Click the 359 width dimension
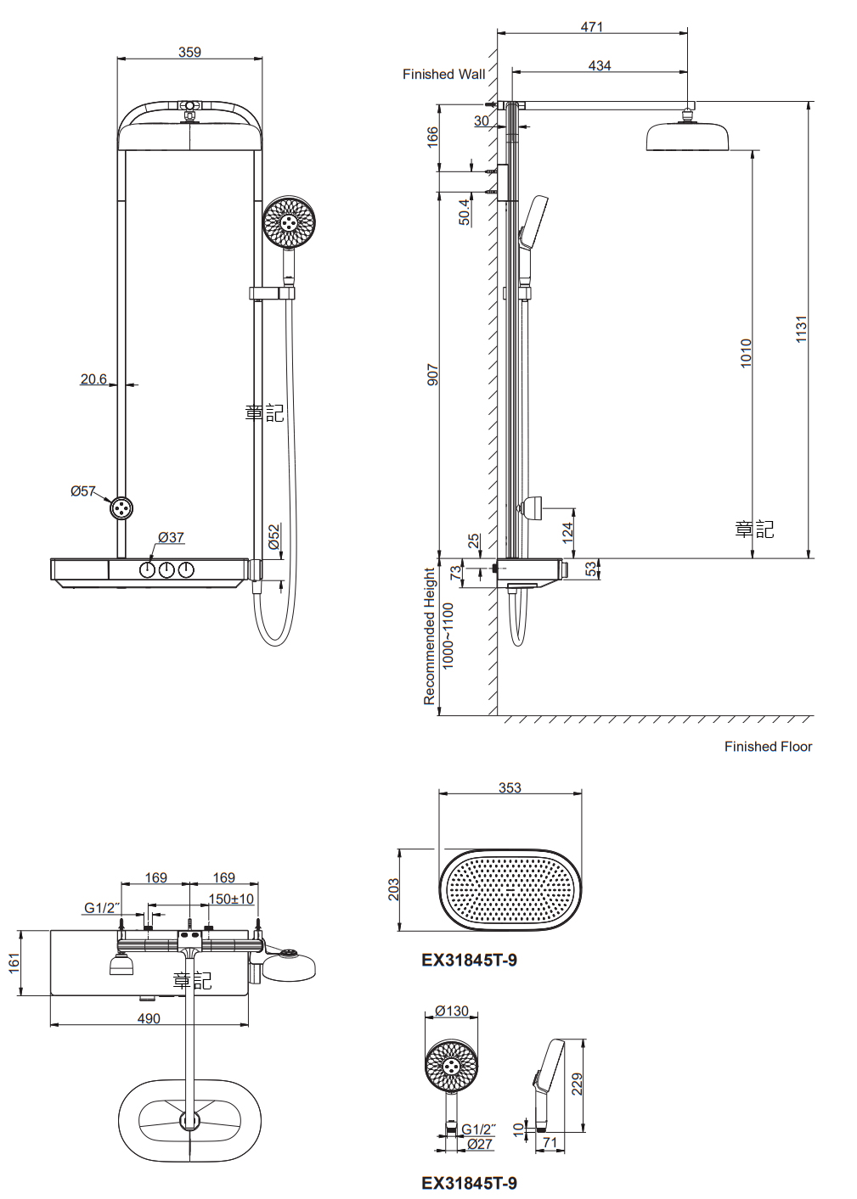pos(189,53)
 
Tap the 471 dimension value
pos(592,27)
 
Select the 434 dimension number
pos(600,65)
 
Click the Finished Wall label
pos(443,75)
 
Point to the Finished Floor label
pos(768,747)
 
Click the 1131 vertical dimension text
pos(801,329)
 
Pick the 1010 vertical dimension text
pos(746,352)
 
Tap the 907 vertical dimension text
pos(432,375)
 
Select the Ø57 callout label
pos(83,491)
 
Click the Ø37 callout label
pos(171,537)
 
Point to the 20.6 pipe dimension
pos(93,379)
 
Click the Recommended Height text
pos(429,636)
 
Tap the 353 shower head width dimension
pos(510,787)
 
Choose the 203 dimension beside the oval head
pos(393,889)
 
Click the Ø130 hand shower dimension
pos(452,1011)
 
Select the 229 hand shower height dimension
pos(577,1084)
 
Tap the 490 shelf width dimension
pos(149,1018)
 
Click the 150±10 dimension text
pos(231,899)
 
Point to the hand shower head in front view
pos(289,222)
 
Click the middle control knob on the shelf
pos(166,569)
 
